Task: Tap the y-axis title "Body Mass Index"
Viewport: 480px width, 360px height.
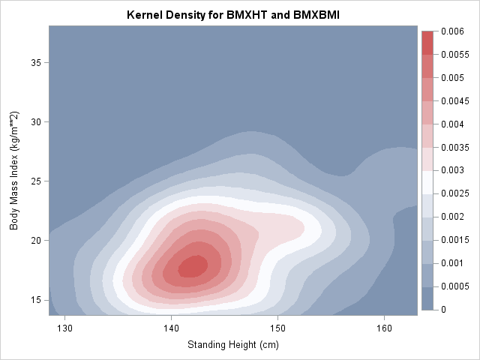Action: click(14, 170)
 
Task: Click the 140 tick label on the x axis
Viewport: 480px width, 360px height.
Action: click(171, 328)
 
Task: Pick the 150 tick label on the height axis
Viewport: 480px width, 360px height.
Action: click(277, 328)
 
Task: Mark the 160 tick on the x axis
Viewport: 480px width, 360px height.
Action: click(384, 328)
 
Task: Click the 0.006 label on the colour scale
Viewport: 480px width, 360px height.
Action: click(452, 31)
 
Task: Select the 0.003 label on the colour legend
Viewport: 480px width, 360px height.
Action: click(452, 170)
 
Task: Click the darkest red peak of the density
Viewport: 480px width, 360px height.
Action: click(193, 266)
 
